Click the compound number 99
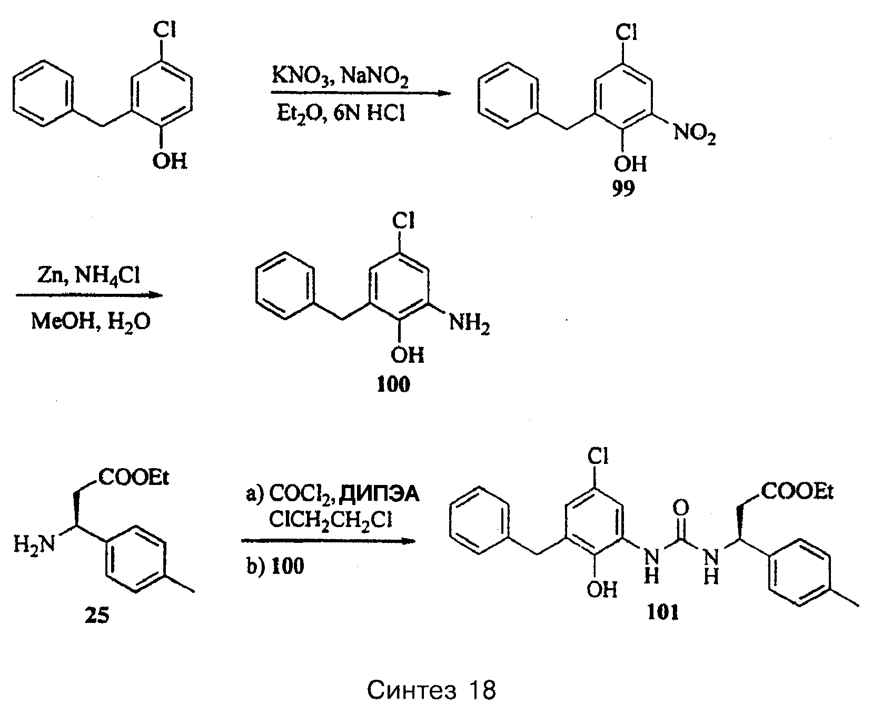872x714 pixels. click(x=623, y=189)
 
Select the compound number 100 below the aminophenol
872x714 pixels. click(x=393, y=385)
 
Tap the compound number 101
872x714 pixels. click(x=663, y=613)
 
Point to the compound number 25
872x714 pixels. click(x=97, y=615)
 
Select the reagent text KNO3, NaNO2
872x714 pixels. click(x=340, y=77)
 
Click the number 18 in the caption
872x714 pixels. click(x=481, y=690)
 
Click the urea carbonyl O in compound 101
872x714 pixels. click(x=680, y=508)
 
